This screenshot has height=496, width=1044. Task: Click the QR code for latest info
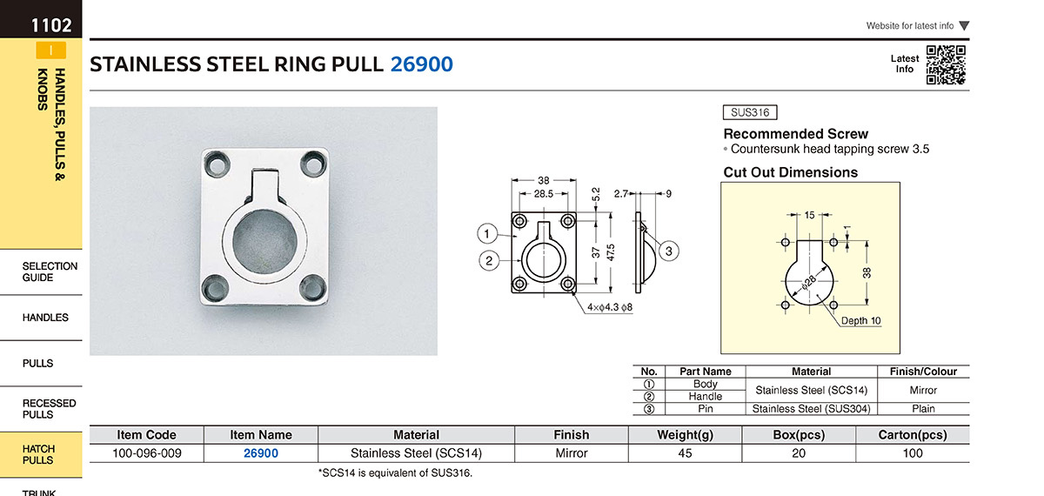point(946,64)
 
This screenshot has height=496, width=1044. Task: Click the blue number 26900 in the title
point(421,64)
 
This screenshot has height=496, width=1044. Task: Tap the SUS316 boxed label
point(750,112)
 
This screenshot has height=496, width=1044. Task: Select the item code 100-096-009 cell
point(147,453)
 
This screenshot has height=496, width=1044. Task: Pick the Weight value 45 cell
point(686,453)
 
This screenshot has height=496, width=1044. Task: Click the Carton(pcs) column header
point(913,435)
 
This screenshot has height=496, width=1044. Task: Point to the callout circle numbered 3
point(669,251)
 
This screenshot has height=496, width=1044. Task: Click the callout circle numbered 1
point(487,233)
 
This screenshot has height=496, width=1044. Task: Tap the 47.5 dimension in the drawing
point(611,252)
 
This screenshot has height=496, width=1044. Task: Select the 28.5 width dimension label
point(544,193)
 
